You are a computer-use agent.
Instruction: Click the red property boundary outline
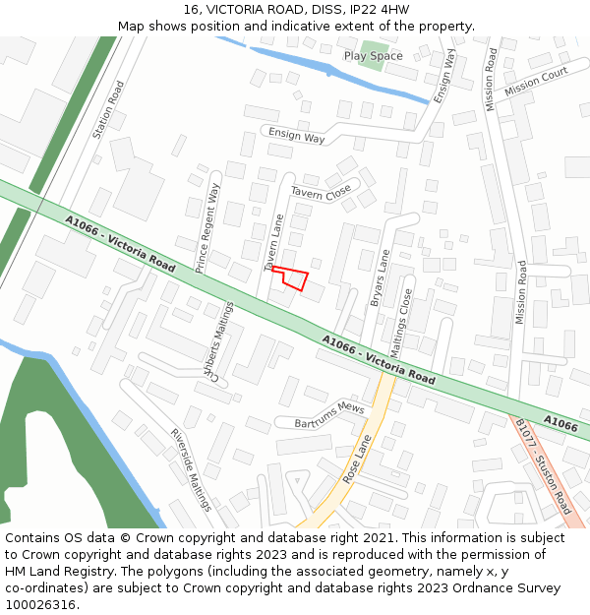[291, 277]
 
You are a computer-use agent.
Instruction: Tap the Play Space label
[374, 56]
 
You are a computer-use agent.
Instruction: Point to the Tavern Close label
[321, 192]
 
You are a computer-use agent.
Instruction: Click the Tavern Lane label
[274, 242]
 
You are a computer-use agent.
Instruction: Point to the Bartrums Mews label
[329, 415]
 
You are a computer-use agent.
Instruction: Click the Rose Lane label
[358, 459]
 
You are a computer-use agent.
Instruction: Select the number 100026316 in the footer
[39, 604]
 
